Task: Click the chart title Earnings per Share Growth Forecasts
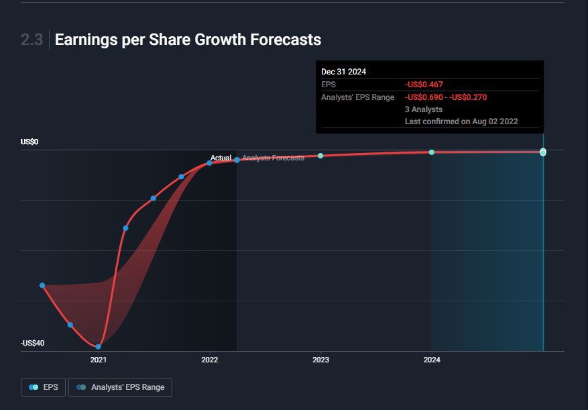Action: tap(188, 40)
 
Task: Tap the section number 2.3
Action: tap(32, 40)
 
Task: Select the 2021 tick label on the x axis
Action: tap(99, 360)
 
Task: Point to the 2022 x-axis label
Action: tap(210, 360)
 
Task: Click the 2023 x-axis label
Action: tap(321, 360)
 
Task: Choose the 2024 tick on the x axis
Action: tap(432, 360)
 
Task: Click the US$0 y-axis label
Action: tap(30, 142)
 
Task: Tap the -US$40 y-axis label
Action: tap(32, 344)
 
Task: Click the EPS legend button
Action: tap(44, 387)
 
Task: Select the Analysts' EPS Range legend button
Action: tap(121, 387)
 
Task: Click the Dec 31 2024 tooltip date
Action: tap(344, 72)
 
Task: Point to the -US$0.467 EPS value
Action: tap(424, 85)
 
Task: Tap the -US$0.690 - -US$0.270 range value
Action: tap(446, 97)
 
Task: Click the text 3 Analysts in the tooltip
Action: tap(424, 109)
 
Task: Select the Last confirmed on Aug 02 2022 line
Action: tap(461, 121)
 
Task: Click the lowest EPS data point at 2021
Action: tap(99, 346)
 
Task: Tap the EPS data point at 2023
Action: tap(320, 156)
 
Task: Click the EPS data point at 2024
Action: tap(432, 152)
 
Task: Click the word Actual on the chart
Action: tap(221, 158)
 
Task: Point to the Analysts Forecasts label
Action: tap(274, 158)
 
